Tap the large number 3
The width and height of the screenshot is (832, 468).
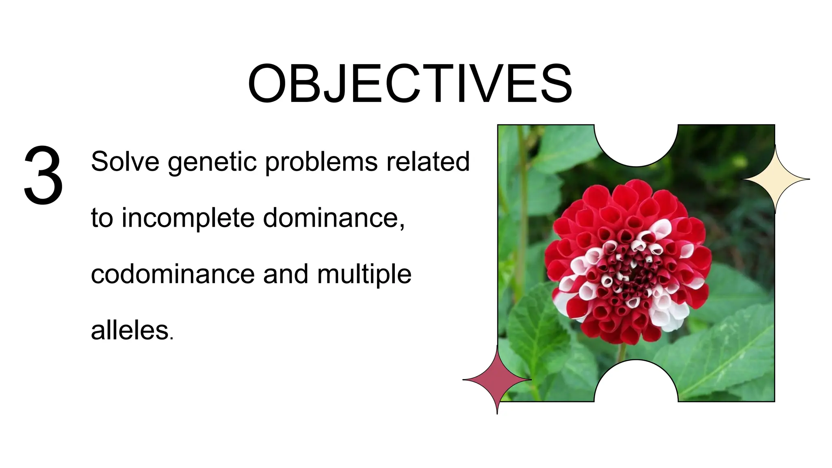(43, 175)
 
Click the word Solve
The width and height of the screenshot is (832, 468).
(125, 161)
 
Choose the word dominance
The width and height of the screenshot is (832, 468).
(333, 218)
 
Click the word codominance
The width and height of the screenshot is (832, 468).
(173, 274)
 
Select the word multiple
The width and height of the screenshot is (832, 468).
(364, 275)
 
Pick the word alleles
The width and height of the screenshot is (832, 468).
(130, 330)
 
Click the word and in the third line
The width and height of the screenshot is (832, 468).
(286, 274)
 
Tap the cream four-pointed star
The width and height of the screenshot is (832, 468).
(775, 179)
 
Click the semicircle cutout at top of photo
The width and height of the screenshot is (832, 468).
(636, 142)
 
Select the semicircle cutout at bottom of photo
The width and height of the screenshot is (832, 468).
(636, 384)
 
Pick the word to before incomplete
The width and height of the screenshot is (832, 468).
(102, 219)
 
